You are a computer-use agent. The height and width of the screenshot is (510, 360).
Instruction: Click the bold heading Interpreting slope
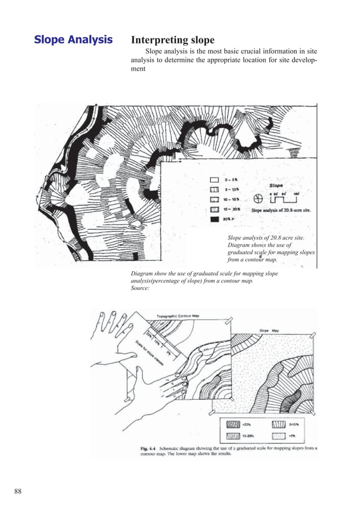(x=173, y=40)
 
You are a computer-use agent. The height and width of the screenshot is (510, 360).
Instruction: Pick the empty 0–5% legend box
(x=214, y=180)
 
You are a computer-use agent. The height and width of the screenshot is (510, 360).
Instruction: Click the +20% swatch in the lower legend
(x=231, y=424)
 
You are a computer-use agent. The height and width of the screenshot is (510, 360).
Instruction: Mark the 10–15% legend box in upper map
(x=214, y=199)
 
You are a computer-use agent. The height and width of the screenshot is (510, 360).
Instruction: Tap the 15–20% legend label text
(x=232, y=210)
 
